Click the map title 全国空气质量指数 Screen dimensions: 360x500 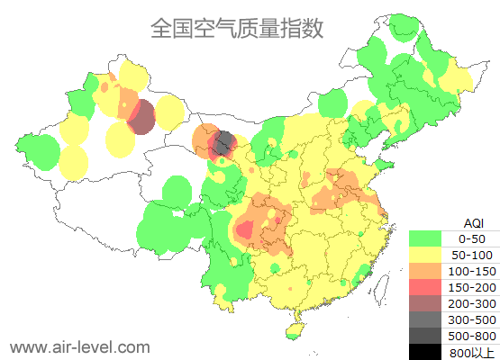tap(237, 28)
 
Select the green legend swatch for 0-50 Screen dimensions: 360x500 tap(426, 238)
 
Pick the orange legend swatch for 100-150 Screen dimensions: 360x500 tap(426, 271)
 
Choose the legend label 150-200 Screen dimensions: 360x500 tap(471, 287)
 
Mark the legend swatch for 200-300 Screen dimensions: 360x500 tap(426, 303)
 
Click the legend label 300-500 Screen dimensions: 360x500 tap(471, 319)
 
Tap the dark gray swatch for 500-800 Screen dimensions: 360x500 tap(426, 336)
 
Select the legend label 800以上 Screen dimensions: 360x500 tap(471, 352)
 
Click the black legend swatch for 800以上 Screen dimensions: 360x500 tap(426, 352)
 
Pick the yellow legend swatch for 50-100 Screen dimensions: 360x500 tap(426, 255)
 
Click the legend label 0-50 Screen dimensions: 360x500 tap(471, 238)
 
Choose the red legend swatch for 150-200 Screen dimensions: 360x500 tap(426, 287)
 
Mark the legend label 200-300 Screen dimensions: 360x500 tap(471, 303)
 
